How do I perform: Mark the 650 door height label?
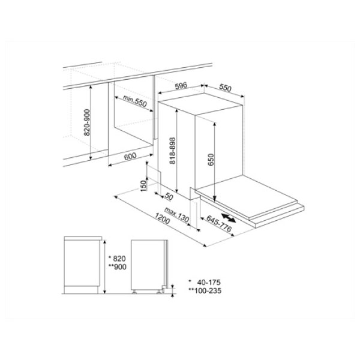[x=211, y=159]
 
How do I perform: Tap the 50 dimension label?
[x=169, y=196]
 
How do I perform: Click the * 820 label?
[x=113, y=255]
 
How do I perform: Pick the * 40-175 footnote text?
[x=204, y=281]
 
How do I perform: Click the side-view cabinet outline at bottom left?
[x=82, y=264]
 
